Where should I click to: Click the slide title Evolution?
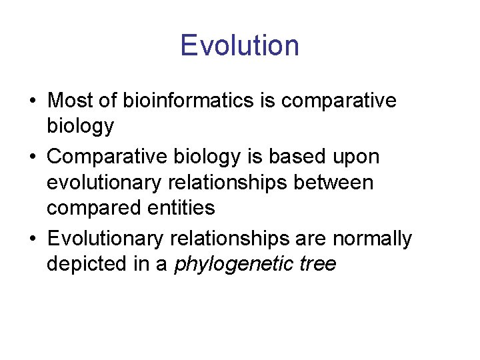239,46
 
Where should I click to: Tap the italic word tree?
317,265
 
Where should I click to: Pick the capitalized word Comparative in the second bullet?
106,157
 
